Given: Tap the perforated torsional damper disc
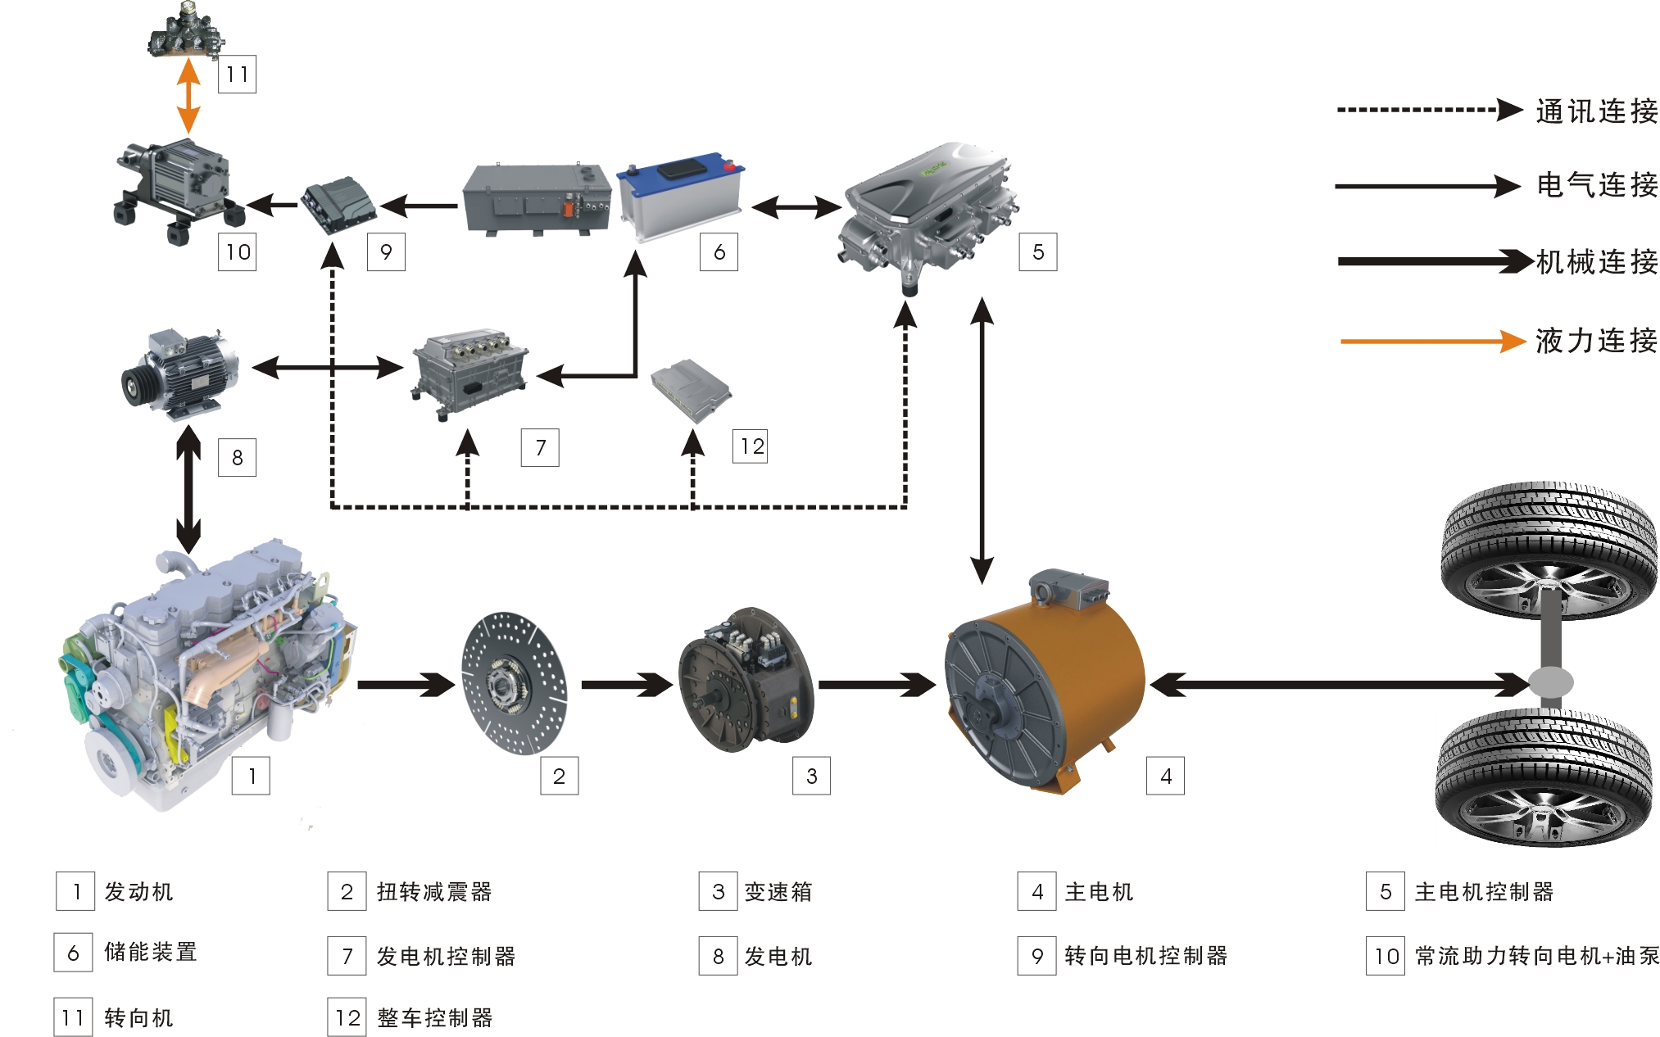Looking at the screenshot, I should [514, 682].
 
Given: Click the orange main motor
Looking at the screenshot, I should [1045, 684].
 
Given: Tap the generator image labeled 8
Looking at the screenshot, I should [180, 373].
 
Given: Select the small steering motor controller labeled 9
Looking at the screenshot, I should [338, 205].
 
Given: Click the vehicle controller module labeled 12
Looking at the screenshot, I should [691, 389].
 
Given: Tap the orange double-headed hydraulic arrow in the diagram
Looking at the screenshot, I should [188, 96].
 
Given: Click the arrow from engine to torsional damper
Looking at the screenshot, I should [406, 684].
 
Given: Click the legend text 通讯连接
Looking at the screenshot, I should [1596, 111].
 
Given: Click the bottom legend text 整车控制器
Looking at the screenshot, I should [434, 1017].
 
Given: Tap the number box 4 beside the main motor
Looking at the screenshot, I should [1165, 776].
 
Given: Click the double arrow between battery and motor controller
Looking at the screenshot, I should [796, 206].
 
